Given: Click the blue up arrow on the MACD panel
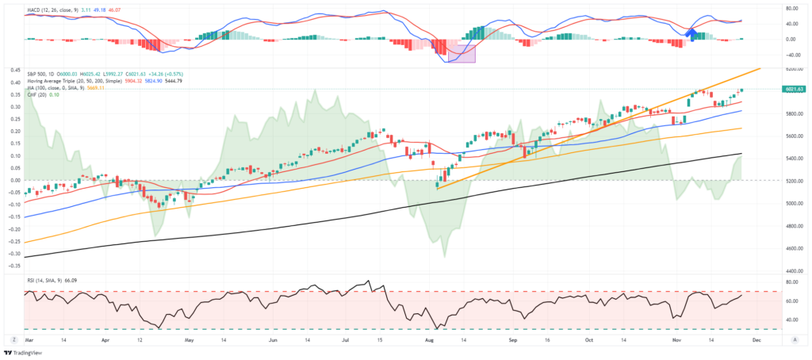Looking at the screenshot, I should pos(691,34).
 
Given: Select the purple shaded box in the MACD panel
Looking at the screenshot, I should pos(462,53).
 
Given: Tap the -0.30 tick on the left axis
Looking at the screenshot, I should pos(15,254).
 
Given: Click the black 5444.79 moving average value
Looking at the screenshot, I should pos(174,81).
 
